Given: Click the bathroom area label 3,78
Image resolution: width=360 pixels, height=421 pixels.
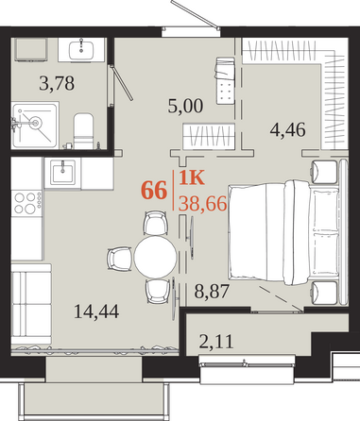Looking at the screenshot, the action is click(x=57, y=84).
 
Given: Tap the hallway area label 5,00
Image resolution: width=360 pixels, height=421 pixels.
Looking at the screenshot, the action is click(x=185, y=106).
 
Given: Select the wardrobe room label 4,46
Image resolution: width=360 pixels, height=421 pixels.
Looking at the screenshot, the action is click(x=288, y=129).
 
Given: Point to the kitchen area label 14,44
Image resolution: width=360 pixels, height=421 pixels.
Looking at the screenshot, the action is click(x=96, y=312).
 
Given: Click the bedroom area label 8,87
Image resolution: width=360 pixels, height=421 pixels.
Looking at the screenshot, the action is click(x=212, y=291).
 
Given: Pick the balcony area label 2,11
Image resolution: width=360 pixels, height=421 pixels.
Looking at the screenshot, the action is click(x=216, y=342).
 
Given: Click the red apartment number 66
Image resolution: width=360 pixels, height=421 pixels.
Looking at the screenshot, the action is click(x=154, y=191).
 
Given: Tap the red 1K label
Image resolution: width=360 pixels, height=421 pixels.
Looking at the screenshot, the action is click(x=192, y=177).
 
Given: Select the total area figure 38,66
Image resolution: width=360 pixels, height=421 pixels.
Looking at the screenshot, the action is click(x=202, y=204).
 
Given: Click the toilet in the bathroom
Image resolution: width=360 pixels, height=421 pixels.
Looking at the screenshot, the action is click(x=83, y=131).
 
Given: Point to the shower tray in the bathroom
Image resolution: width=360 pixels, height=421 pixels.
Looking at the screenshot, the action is click(x=35, y=126).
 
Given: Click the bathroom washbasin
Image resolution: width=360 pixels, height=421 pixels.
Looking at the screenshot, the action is click(x=81, y=50).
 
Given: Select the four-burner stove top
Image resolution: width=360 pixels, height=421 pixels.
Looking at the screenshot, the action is click(x=26, y=203).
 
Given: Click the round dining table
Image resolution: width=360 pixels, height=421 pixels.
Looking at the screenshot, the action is click(x=155, y=257).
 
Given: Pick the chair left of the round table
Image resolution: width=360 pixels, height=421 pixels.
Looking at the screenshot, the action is click(x=120, y=259).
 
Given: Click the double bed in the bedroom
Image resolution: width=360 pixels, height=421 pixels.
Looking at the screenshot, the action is click(x=284, y=232).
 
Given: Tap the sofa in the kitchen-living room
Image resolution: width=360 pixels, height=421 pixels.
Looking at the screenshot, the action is click(x=31, y=304).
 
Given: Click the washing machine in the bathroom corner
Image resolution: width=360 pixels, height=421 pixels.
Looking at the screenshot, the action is click(x=31, y=49).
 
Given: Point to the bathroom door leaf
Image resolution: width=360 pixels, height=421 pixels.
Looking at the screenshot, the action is click(x=122, y=83).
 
